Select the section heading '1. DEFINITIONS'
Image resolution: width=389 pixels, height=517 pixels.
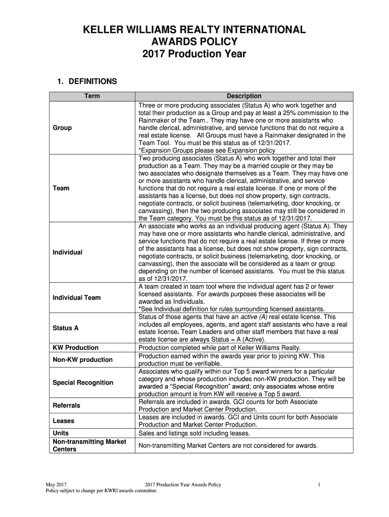[86, 81]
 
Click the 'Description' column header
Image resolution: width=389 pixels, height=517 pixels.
[244, 96]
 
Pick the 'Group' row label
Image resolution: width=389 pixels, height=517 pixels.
[62, 128]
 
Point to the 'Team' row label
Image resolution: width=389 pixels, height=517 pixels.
[61, 188]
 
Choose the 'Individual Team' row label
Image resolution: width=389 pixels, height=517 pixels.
[76, 297]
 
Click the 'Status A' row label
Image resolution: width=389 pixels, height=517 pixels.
[66, 328]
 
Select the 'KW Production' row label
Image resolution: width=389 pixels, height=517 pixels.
[75, 348]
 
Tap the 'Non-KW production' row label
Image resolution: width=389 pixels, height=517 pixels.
[82, 359]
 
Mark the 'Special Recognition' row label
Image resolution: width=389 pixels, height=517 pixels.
[83, 382]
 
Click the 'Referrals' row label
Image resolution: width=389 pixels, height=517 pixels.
[67, 405]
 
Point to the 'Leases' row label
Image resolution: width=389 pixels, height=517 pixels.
[64, 421]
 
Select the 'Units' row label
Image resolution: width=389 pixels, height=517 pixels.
[61, 433]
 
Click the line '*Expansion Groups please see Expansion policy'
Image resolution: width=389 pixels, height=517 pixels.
[207, 150]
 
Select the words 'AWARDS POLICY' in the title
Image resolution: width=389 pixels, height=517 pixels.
[194, 41]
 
